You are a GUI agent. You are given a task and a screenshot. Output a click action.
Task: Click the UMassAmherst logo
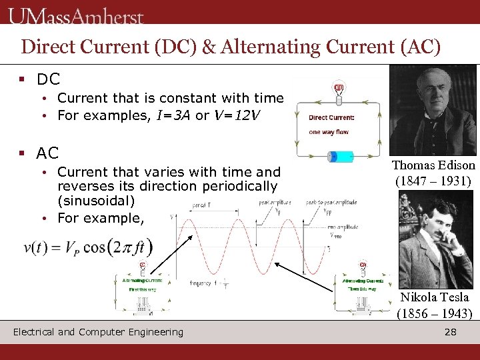point(77,15)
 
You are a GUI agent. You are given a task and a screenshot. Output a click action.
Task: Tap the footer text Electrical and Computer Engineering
point(98,332)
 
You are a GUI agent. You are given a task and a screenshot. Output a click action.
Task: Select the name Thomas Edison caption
point(433,165)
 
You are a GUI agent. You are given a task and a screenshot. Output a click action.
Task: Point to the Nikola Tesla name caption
point(434,297)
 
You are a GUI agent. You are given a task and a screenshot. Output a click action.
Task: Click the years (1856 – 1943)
point(434,313)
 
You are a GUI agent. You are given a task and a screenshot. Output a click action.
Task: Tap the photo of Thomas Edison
point(433,109)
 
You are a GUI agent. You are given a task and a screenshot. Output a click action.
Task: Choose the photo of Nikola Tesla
point(433,241)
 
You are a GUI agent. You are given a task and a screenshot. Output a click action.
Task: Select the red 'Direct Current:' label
point(331,118)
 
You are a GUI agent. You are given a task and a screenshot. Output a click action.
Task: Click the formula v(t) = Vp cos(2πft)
point(87,248)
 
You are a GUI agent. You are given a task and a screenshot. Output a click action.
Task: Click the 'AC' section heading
point(48,153)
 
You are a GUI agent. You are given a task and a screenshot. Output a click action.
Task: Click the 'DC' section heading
point(48,79)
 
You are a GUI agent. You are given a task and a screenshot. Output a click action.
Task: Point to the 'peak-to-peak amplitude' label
point(331,201)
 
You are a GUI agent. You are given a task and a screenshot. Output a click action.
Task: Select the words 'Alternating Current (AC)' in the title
point(345,47)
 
